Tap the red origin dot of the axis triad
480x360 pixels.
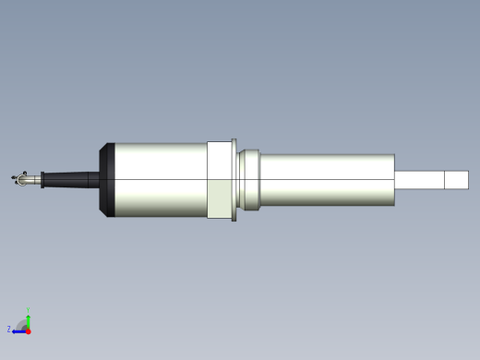pos(28,330)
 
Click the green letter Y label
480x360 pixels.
pos(28,310)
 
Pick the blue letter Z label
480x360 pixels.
pos(9,329)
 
